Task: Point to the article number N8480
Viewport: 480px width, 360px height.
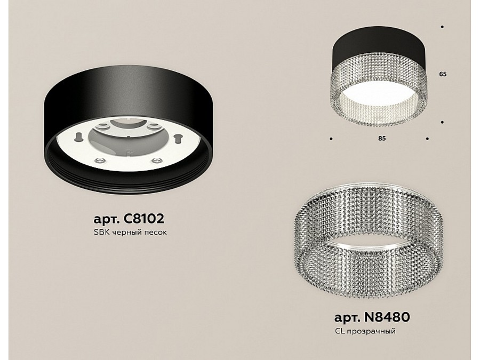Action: pyautogui.click(x=387, y=317)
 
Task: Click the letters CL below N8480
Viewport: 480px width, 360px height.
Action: pyautogui.click(x=339, y=331)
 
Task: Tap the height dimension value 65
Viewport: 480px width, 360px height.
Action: pyautogui.click(x=443, y=74)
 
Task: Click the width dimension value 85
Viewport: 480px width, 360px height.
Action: pyautogui.click(x=382, y=138)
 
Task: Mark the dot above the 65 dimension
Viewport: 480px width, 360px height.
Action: pyautogui.click(x=442, y=27)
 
